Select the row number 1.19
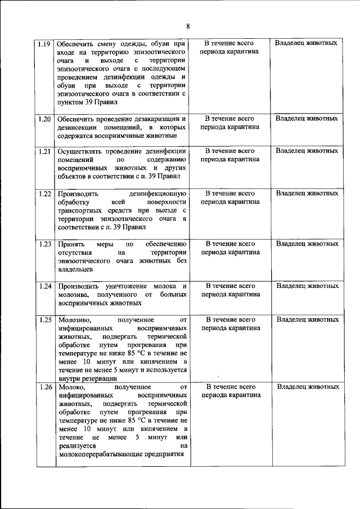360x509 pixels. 44,43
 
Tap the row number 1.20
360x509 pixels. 44,119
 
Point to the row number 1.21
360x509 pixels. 44,151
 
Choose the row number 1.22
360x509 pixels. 44,193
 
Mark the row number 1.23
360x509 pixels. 44,244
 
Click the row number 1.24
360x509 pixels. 44,286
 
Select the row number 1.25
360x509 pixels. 44,320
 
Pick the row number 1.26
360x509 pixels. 44,388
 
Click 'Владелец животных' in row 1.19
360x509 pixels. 307,43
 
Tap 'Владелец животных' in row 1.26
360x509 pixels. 307,388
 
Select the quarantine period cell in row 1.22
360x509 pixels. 230,198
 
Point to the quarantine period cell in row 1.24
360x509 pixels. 230,290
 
